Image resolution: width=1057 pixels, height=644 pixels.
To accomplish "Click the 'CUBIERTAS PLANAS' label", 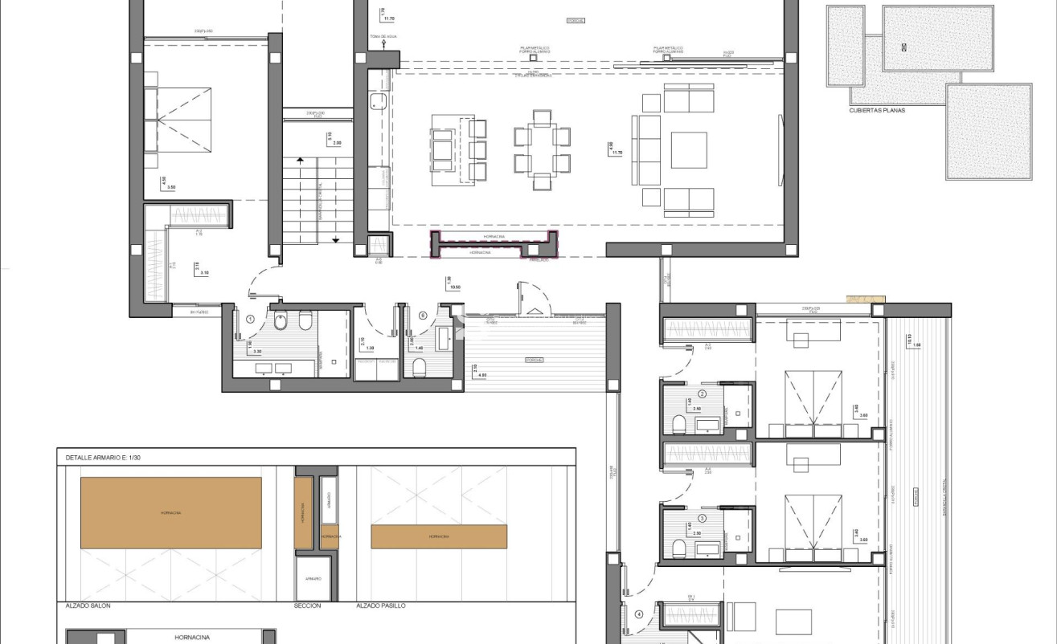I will coord(877,110).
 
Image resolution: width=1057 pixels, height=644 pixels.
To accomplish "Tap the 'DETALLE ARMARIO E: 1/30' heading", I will coord(104,457).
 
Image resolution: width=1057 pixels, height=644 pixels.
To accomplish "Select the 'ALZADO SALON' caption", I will coord(88,605).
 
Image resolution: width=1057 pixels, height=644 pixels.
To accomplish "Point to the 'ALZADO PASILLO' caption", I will coord(381,605).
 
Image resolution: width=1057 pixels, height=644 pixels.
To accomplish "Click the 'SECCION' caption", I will coord(307,605).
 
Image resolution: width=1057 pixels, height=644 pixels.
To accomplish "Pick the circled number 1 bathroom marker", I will coord(251,319).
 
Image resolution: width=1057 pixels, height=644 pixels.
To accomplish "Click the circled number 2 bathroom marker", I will coord(702,394).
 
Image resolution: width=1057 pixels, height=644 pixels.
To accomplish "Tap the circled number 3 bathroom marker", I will coord(702,518).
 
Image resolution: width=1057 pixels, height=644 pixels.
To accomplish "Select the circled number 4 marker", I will coord(639,615).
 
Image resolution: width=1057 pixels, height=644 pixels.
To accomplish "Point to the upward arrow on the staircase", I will coord(300,160).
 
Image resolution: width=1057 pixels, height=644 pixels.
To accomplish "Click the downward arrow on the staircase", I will coord(336,238).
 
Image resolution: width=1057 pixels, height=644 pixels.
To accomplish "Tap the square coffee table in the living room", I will coord(689,150).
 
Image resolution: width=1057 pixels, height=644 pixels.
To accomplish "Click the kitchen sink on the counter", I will coord(379,102).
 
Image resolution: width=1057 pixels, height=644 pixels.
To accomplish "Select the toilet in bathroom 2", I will coord(678,423).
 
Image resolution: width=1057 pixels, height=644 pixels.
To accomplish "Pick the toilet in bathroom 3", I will coord(678,548).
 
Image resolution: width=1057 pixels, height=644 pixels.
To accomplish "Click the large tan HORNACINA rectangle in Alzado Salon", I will coord(170,512).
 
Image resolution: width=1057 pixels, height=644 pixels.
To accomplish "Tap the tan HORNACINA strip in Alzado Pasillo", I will coord(439,536).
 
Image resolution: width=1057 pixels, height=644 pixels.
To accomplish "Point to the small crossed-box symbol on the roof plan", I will coord(904,47).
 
